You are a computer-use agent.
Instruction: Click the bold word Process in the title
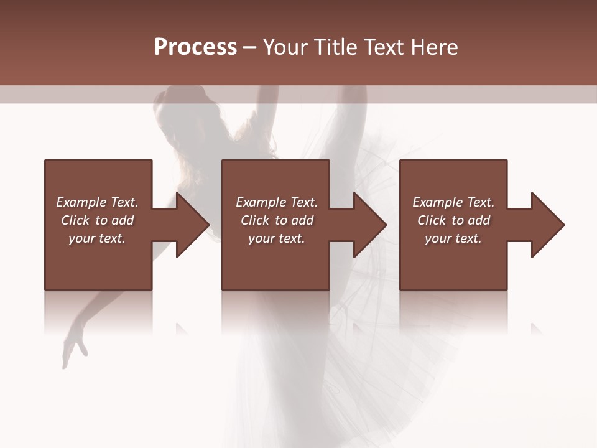[195, 47]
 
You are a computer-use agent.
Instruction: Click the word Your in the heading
[286, 47]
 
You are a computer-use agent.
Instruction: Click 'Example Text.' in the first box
[97, 202]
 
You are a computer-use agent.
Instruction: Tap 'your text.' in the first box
[97, 238]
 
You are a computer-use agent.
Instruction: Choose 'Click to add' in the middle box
[277, 220]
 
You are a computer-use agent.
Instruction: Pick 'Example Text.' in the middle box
[277, 202]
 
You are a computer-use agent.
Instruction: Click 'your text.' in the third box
[453, 238]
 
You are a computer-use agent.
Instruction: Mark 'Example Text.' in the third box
[453, 202]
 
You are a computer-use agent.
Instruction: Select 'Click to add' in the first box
[97, 220]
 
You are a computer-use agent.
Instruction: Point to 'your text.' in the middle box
[277, 238]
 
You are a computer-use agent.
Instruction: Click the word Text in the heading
[382, 47]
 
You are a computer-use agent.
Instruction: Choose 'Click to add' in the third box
[453, 220]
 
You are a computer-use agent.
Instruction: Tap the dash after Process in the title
[250, 47]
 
